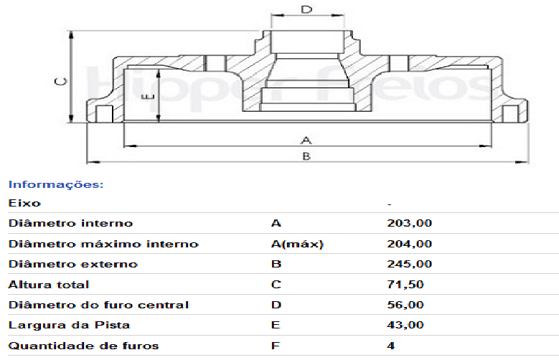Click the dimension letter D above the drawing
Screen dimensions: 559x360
[x=306, y=9]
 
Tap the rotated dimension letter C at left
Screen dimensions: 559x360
[x=60, y=82]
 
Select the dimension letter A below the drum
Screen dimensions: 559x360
[x=306, y=140]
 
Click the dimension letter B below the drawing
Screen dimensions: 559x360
[x=306, y=156]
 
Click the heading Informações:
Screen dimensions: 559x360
[x=56, y=184]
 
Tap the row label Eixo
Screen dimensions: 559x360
[x=24, y=203]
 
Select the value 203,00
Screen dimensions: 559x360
[x=410, y=223]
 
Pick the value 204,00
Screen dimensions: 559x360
[x=410, y=244]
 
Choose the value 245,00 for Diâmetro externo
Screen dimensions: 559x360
[x=410, y=264]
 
